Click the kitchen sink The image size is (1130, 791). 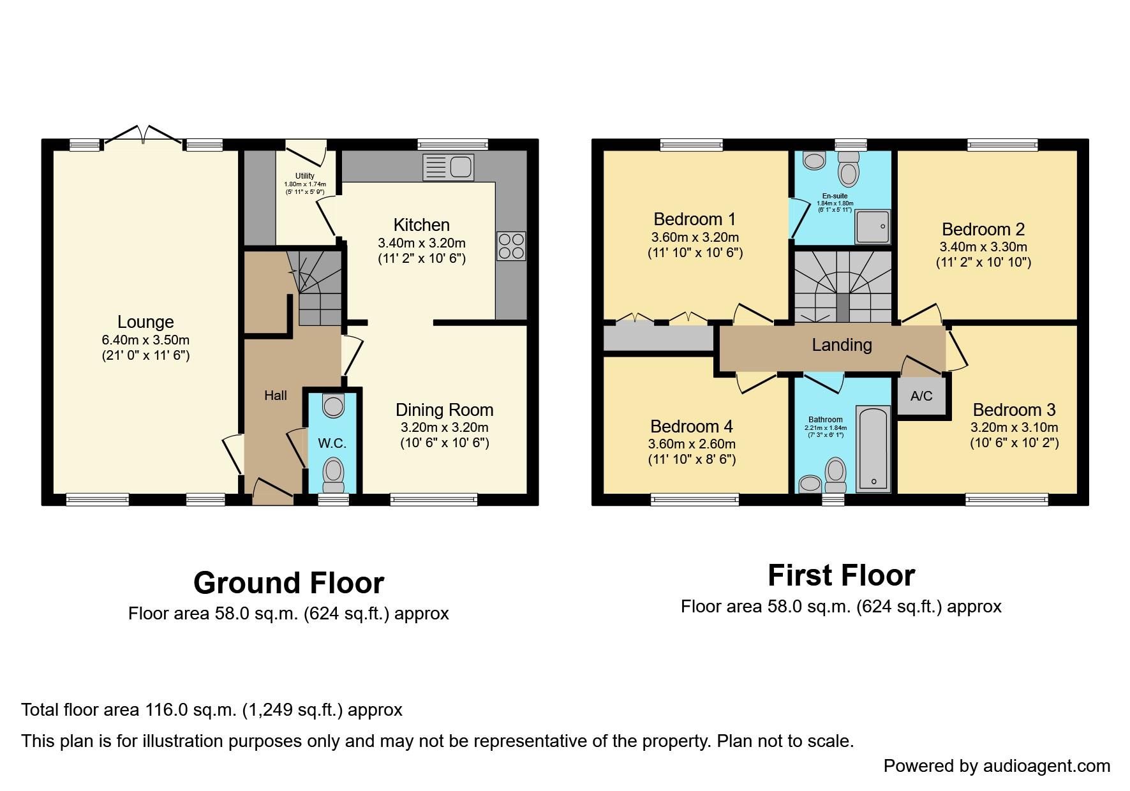[449, 168]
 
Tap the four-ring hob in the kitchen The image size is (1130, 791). [511, 246]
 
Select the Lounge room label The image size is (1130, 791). [145, 322]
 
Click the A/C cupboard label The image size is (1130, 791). [921, 396]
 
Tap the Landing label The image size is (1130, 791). [842, 345]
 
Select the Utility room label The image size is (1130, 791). [305, 176]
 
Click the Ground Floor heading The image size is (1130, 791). [288, 583]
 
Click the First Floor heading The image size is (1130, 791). [841, 575]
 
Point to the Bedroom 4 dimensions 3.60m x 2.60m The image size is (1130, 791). [692, 444]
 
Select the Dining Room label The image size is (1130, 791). [444, 410]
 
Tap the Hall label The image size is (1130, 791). [276, 395]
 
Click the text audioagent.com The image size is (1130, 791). [1046, 765]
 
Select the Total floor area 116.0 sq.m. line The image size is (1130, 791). [212, 709]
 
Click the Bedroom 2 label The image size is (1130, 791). [983, 230]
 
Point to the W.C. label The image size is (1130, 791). [332, 443]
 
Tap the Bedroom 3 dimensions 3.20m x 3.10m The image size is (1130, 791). [1014, 427]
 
